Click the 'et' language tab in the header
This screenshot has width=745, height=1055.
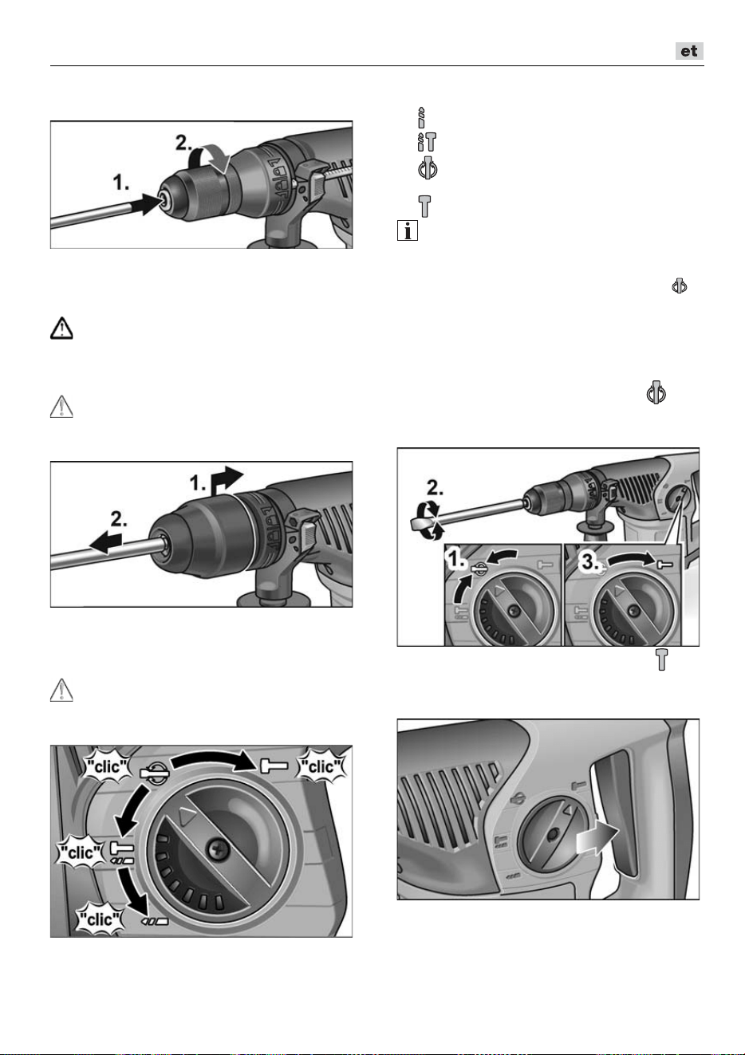click(689, 51)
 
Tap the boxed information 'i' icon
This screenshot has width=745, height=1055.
click(407, 230)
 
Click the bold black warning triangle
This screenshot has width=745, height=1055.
click(61, 329)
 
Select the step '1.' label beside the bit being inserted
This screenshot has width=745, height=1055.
click(120, 183)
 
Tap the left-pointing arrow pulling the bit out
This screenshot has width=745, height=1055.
click(105, 543)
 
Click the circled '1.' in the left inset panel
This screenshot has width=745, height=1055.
click(456, 559)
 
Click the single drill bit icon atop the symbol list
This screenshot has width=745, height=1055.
click(421, 118)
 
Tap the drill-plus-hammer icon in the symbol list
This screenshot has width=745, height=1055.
click(427, 142)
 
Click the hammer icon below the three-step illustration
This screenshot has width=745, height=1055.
click(661, 659)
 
